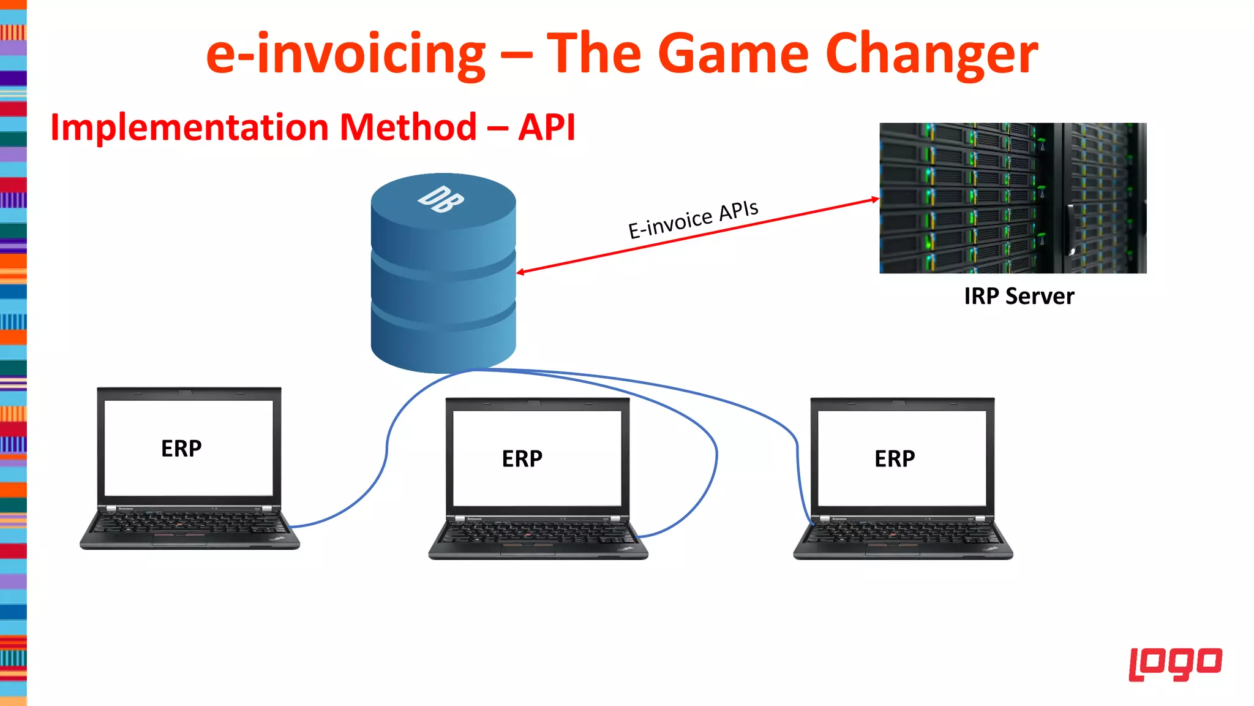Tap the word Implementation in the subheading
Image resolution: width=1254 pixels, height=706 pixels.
point(190,127)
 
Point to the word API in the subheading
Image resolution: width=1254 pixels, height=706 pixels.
point(547,127)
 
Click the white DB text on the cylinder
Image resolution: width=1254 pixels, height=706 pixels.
point(441,200)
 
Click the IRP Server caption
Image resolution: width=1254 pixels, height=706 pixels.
point(1019,297)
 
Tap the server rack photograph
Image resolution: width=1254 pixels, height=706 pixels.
point(1013,198)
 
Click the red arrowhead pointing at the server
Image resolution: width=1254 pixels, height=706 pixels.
point(876,199)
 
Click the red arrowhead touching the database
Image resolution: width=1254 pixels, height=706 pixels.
point(520,272)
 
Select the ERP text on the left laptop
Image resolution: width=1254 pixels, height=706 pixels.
point(181,449)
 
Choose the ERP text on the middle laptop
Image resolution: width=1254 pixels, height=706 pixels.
point(522,459)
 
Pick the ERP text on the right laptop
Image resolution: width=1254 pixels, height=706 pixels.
point(895,459)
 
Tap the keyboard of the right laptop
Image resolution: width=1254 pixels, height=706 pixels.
point(903,533)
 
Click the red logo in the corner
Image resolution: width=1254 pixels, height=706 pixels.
point(1175,664)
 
